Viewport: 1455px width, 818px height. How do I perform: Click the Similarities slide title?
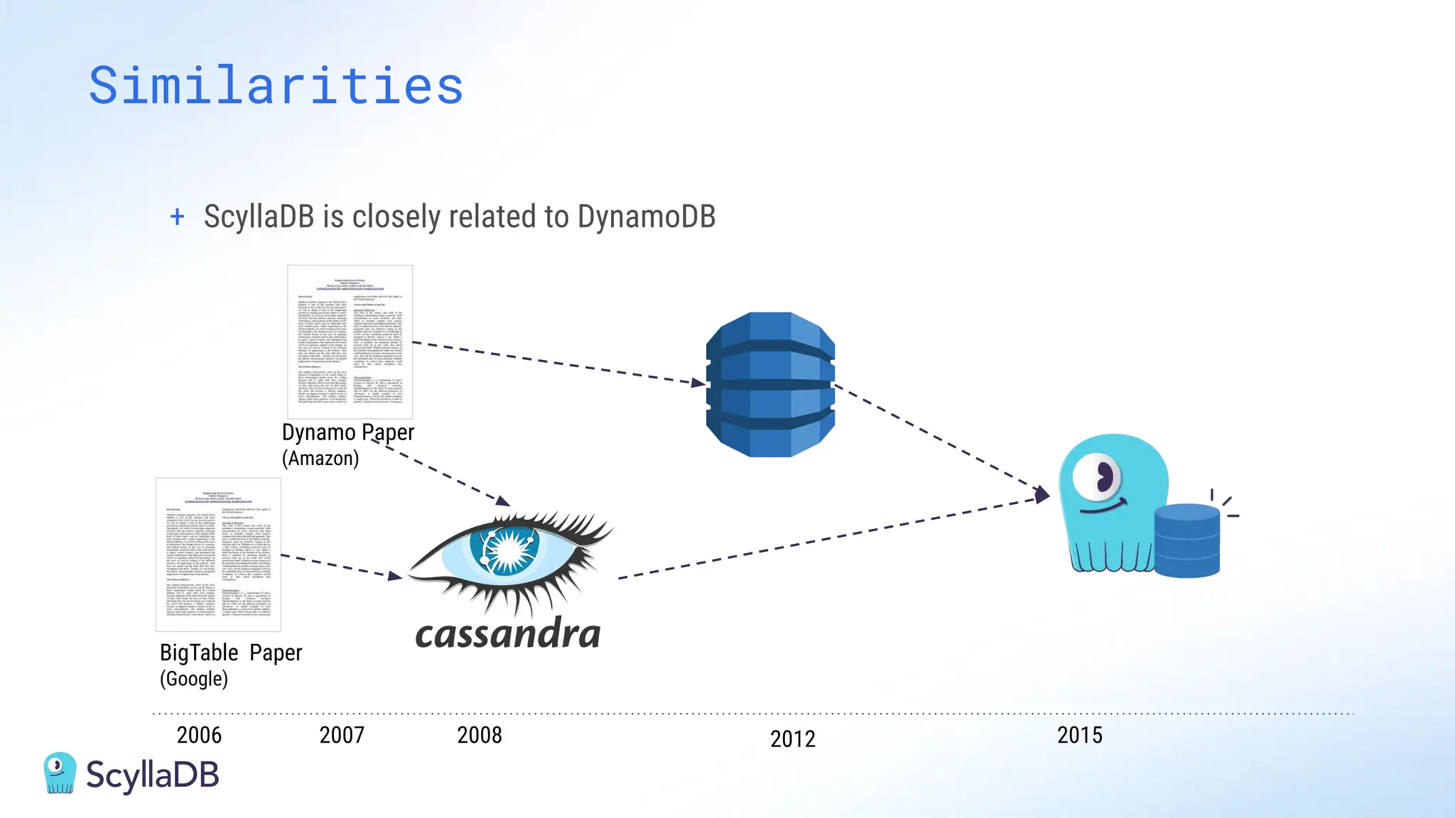click(276, 86)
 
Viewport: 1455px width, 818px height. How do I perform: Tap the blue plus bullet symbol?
click(177, 217)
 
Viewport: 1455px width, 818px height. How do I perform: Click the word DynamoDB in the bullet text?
click(646, 217)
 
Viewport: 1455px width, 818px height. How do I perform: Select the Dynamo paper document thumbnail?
click(350, 342)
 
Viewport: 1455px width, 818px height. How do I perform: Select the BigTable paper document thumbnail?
click(218, 555)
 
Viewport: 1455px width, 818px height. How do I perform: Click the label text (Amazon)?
click(320, 459)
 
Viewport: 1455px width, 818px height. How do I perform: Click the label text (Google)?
click(194, 679)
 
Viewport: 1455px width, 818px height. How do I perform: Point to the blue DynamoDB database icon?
click(770, 384)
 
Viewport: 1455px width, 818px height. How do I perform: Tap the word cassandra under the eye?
click(507, 634)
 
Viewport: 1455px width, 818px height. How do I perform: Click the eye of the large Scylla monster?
click(1098, 477)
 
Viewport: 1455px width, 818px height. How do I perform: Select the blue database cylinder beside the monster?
click(1187, 540)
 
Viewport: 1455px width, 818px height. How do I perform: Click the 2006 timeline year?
click(199, 735)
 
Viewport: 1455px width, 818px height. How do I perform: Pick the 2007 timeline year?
click(342, 735)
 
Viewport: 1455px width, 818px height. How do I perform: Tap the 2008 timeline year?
click(480, 735)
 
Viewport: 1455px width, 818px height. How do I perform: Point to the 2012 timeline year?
click(793, 739)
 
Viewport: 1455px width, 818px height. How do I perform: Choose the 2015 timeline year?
click(1080, 735)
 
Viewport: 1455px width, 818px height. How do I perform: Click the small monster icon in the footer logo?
click(60, 773)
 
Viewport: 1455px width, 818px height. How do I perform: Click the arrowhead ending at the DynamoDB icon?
click(699, 383)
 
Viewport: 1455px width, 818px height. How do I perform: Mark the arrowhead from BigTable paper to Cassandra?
click(396, 575)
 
